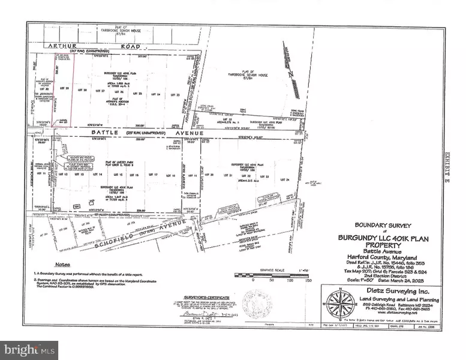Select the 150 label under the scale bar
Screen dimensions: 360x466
309,280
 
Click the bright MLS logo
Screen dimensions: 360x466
29,347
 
